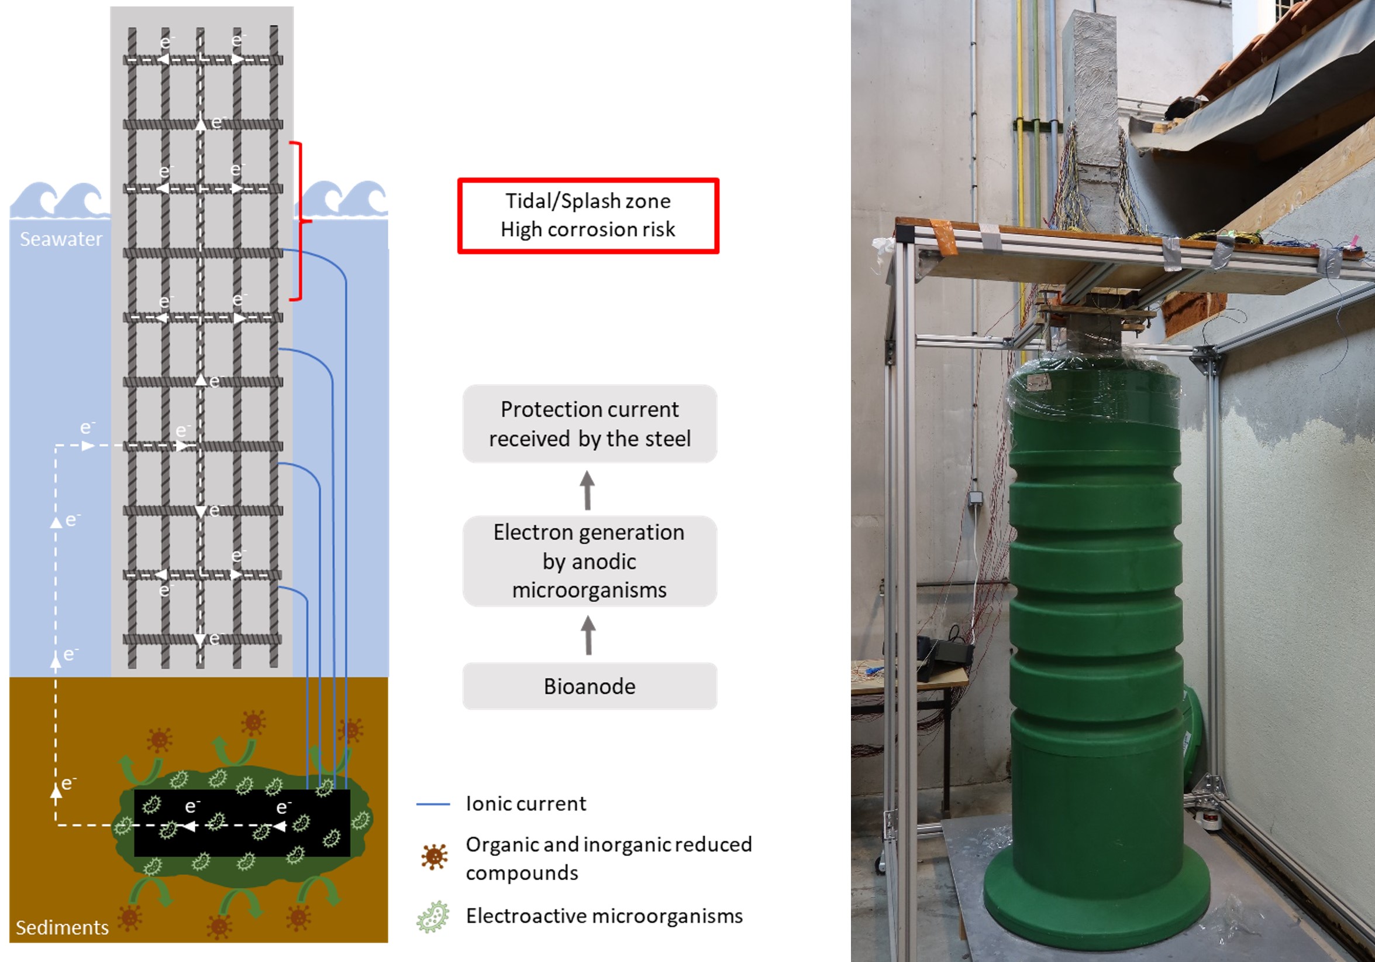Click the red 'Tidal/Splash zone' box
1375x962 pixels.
[x=588, y=216]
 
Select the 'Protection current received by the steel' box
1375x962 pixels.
[x=590, y=424]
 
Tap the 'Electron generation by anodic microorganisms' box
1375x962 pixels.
[x=590, y=561]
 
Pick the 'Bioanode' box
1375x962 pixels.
[x=590, y=686]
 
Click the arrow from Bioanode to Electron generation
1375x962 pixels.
[x=588, y=635]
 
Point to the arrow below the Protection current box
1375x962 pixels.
[x=587, y=489]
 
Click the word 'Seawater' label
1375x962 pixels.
[x=61, y=239]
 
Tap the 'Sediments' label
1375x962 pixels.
[x=62, y=927]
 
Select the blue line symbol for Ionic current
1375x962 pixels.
[x=433, y=804]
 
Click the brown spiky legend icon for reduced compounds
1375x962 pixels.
[x=434, y=857]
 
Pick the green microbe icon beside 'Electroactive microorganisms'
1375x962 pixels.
[x=433, y=916]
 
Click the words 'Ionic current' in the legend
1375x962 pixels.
[x=526, y=804]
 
